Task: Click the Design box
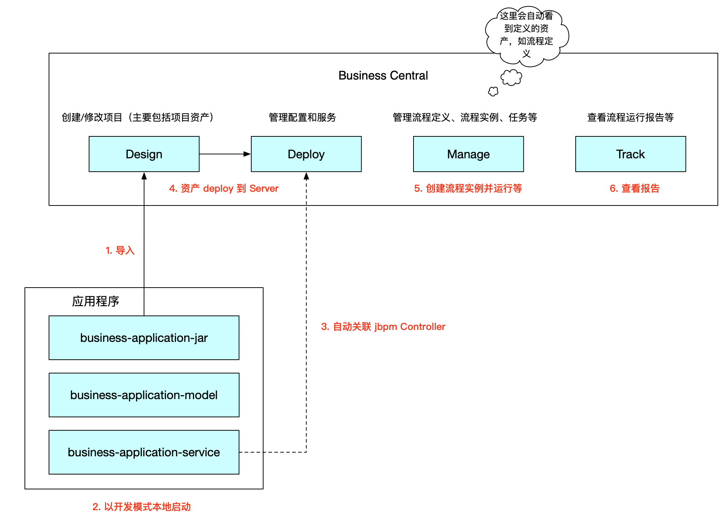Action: coord(144,154)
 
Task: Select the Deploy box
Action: coord(306,154)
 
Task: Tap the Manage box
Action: coord(468,154)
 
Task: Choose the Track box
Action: coord(631,154)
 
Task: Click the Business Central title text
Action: coord(383,75)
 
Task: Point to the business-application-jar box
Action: coord(144,338)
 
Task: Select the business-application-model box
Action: coord(144,395)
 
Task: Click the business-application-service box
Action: coord(144,452)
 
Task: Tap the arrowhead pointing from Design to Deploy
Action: coord(247,154)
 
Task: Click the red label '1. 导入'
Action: coord(120,250)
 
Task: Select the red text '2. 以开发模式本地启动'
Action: coord(141,507)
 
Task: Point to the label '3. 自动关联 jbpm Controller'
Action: coord(383,327)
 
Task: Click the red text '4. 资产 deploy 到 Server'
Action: coord(224,188)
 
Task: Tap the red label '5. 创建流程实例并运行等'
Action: coord(468,188)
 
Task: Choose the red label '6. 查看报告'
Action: coord(635,188)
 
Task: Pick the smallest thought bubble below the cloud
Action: coord(493,91)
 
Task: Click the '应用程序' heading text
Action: coord(95,301)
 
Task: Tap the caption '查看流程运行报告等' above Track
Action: coord(630,117)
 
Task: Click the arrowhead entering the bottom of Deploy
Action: coord(306,176)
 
